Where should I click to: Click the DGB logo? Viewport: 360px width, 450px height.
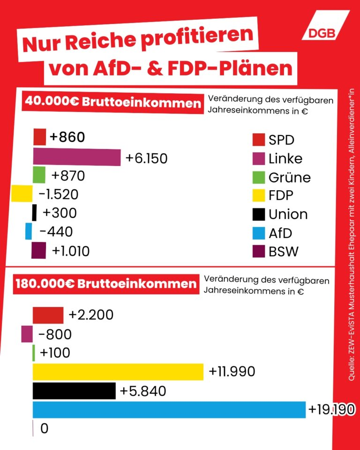pyautogui.click(x=325, y=25)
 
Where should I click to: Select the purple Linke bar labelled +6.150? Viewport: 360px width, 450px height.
pyautogui.click(x=77, y=157)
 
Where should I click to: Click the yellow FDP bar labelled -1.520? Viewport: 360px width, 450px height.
pyautogui.click(x=22, y=194)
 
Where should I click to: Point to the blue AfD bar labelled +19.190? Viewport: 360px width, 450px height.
pyautogui.click(x=169, y=410)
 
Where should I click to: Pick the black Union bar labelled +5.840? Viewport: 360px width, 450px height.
pyautogui.click(x=74, y=390)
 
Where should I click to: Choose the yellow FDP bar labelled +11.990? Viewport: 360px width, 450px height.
pyautogui.click(x=118, y=372)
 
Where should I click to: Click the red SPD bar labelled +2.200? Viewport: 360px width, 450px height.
pyautogui.click(x=48, y=315)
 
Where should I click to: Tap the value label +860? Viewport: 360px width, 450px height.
pyautogui.click(x=67, y=137)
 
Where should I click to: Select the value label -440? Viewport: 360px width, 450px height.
pyautogui.click(x=56, y=232)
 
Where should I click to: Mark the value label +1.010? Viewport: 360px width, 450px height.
pyautogui.click(x=71, y=251)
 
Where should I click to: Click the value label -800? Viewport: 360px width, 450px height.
pyautogui.click(x=55, y=334)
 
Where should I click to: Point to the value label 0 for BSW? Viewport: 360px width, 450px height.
pyautogui.click(x=45, y=428)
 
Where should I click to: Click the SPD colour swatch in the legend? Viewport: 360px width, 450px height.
pyautogui.click(x=259, y=140)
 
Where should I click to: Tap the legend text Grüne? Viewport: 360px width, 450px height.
pyautogui.click(x=289, y=178)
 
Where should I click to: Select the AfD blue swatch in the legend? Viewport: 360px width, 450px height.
pyautogui.click(x=259, y=233)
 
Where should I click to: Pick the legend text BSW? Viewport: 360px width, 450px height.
pyautogui.click(x=283, y=251)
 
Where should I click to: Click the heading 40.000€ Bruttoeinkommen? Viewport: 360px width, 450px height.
pyautogui.click(x=113, y=102)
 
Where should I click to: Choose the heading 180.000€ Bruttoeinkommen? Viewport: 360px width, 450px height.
pyautogui.click(x=106, y=284)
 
